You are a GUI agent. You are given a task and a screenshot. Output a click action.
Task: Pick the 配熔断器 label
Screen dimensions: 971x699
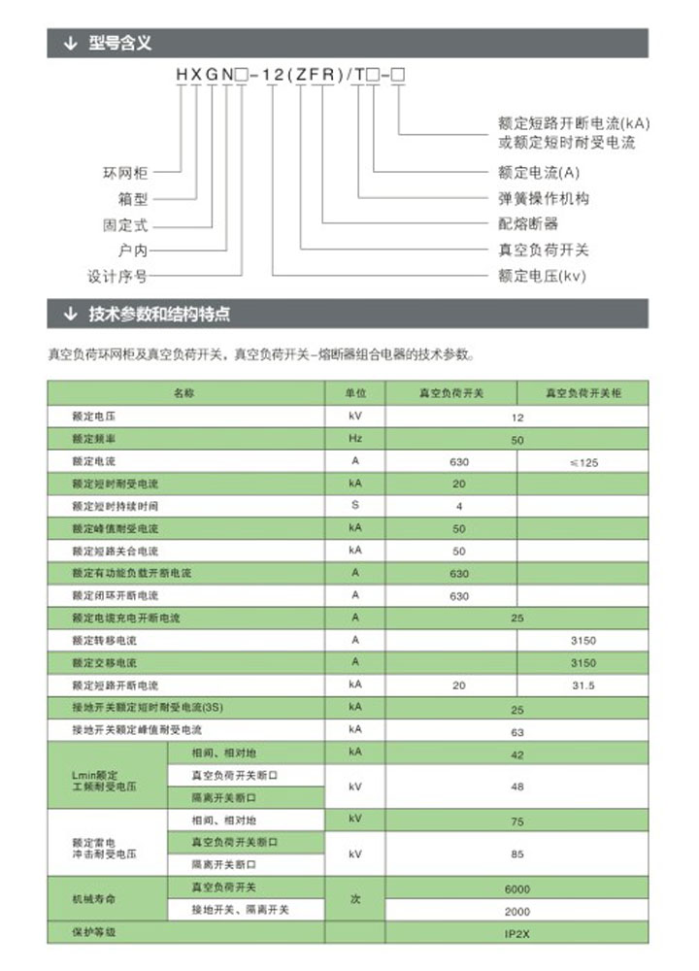click(x=528, y=224)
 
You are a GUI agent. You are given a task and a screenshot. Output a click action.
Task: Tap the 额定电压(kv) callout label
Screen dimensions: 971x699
click(x=542, y=276)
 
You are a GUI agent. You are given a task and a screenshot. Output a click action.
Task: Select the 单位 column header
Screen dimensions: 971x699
click(x=355, y=393)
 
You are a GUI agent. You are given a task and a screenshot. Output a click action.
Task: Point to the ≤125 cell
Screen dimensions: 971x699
click(x=582, y=462)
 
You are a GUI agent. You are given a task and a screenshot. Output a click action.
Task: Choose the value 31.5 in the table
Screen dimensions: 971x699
click(x=582, y=686)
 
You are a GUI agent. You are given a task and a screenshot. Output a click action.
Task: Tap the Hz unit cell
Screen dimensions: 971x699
click(x=355, y=440)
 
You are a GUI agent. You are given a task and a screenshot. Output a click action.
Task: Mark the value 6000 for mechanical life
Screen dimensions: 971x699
click(x=516, y=889)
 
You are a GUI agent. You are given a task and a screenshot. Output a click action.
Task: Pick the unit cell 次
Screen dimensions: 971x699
click(x=355, y=900)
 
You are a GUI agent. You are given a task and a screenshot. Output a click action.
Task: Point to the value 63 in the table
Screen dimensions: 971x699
click(x=516, y=732)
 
